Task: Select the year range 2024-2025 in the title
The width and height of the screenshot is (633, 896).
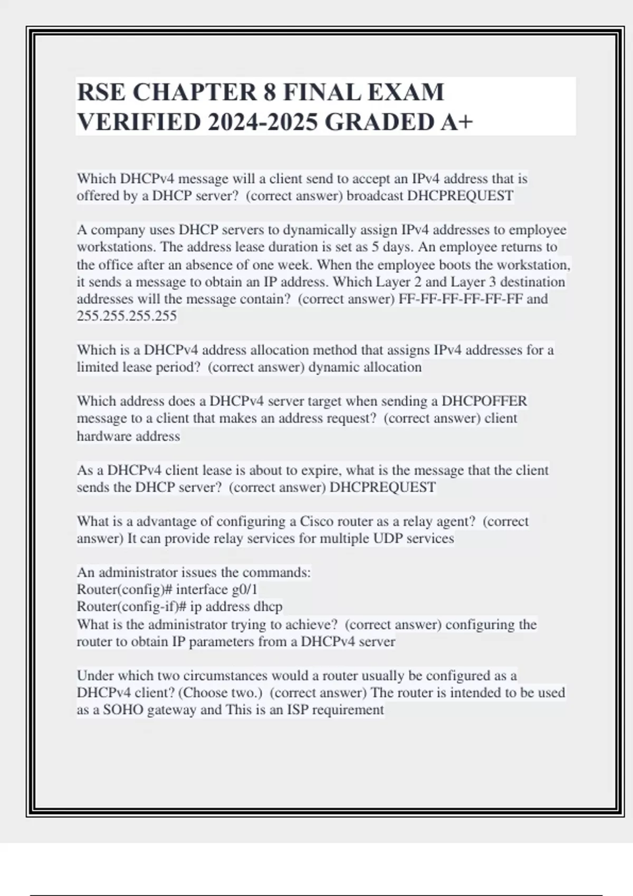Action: point(263,122)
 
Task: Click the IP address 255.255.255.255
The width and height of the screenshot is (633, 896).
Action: point(127,316)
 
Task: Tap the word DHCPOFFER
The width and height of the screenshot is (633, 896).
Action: point(484,401)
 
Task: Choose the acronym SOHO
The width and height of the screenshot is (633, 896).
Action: point(123,709)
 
